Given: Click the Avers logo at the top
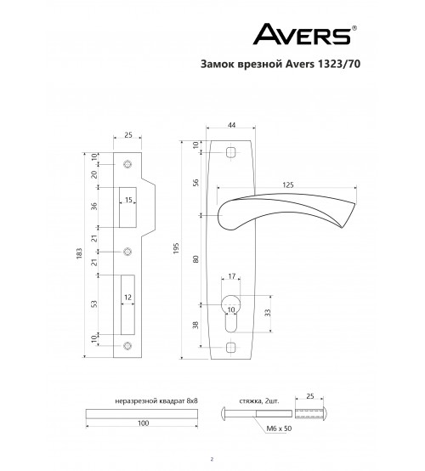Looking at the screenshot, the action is tap(305, 34).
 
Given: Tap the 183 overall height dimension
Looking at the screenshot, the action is tap(79, 254).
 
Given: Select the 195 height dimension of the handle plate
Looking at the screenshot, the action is tap(176, 248).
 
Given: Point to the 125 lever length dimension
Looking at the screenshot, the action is tap(288, 184).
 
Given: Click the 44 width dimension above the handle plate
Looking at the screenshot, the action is tap(231, 125).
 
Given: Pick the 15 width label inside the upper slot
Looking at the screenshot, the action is tap(128, 200).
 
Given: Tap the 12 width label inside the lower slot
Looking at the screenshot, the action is tap(128, 298).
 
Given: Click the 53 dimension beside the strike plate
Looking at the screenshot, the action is tap(94, 304).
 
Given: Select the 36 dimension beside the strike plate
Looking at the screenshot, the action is tap(94, 207).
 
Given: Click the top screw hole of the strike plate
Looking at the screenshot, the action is tap(127, 164).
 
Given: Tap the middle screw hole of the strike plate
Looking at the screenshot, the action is tap(127, 252).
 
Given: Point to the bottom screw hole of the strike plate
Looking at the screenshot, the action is tap(127, 346).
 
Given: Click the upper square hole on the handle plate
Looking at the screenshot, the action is tap(230, 152).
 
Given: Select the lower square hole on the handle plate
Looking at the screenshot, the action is tap(230, 347).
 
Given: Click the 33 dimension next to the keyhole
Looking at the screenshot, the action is tap(268, 313).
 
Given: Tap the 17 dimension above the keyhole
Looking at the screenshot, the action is tap(231, 275).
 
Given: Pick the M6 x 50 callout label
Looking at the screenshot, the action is tap(279, 428).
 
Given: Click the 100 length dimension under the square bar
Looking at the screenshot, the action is tap(144, 423).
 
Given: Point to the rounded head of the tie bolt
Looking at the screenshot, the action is tap(224, 413).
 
